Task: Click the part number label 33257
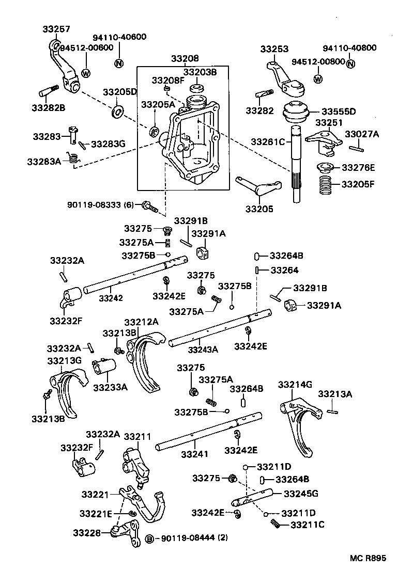56,29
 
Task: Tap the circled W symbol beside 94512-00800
318,79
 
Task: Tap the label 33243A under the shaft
203,350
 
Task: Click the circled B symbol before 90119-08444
149,538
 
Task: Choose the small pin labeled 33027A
357,148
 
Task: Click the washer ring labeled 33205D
118,111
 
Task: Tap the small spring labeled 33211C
276,524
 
